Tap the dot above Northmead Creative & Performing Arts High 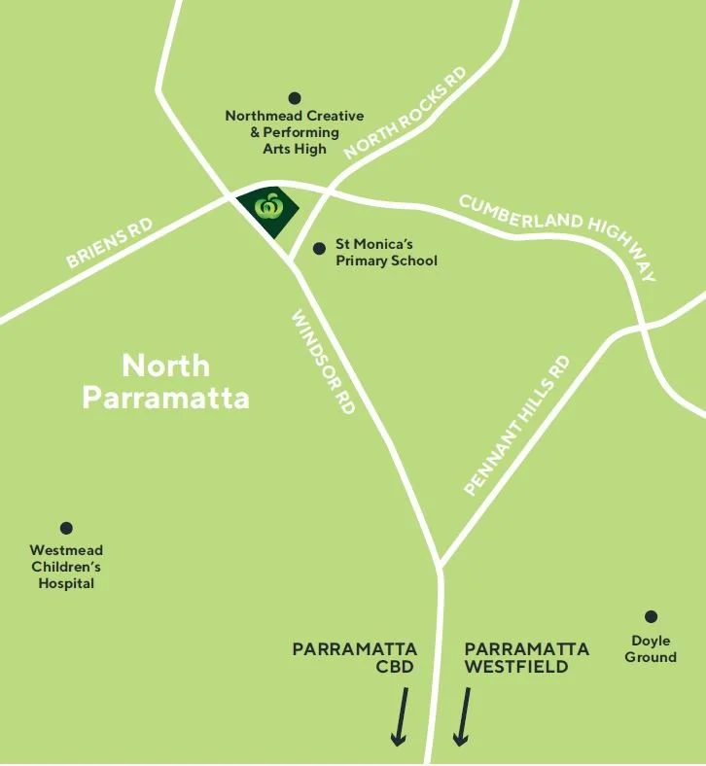pos(295,98)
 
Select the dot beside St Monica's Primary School pos(319,249)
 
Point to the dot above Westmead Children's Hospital pos(66,528)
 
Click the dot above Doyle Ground pos(651,616)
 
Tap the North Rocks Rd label pos(406,112)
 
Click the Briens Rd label pos(110,242)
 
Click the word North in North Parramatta pos(165,366)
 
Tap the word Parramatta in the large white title pos(165,398)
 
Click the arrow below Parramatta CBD pos(400,716)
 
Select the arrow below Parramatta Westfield pos(463,716)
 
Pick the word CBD pos(396,667)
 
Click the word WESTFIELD pos(512,667)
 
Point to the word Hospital pos(66,583)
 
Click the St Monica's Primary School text pos(386,253)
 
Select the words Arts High pos(295,149)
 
